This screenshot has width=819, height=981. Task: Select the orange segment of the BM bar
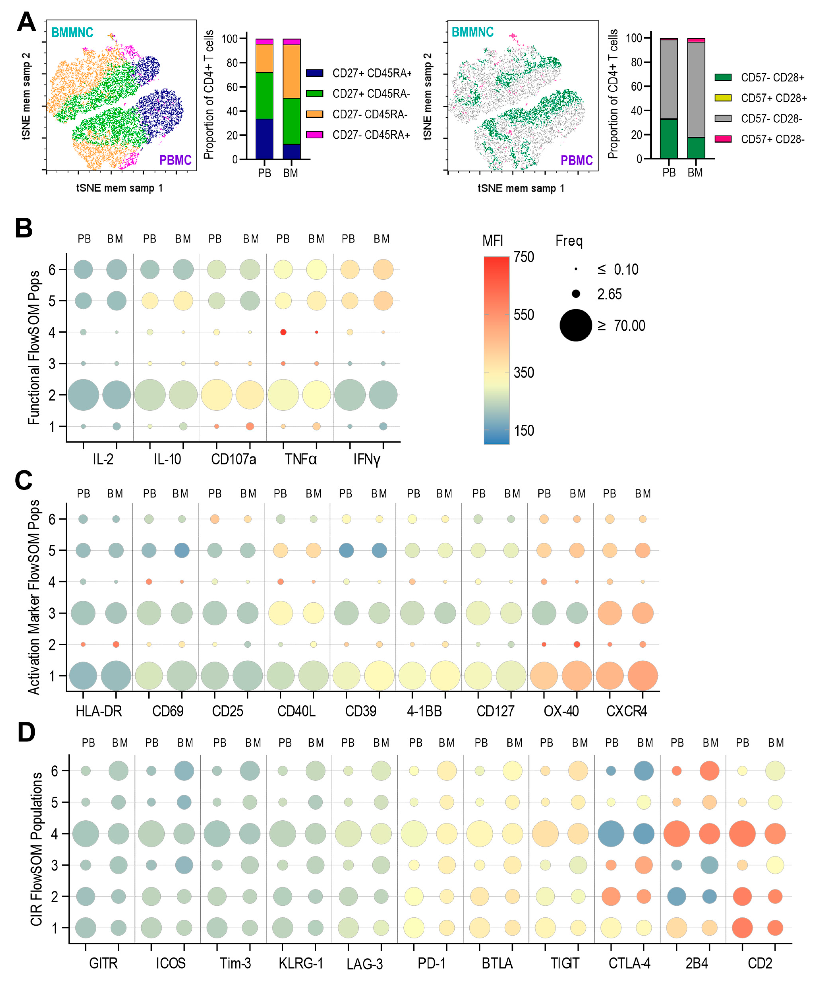pos(291,71)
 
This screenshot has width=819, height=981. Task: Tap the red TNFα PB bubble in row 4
pos(283,332)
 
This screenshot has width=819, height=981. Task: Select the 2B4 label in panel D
pos(697,963)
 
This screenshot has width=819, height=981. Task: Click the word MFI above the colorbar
pos(493,241)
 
